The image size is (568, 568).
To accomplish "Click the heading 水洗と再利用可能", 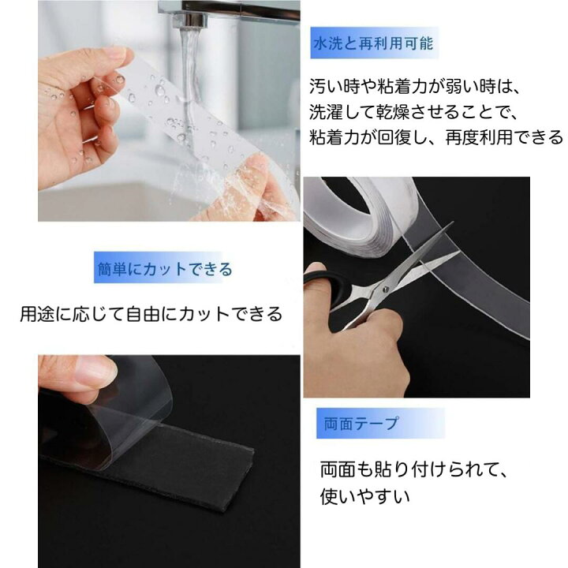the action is point(373,44).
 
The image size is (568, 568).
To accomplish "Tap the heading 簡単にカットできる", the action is point(165,269).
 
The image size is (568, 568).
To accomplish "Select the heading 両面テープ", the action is point(361,423).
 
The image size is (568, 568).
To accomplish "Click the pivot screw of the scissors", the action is point(385,289).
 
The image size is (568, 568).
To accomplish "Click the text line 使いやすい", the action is point(364,496).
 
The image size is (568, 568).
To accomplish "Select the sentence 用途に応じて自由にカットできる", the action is point(151,314).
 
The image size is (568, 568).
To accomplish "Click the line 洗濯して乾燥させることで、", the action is point(414,112).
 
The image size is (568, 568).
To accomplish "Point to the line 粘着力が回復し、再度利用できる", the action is point(436,137).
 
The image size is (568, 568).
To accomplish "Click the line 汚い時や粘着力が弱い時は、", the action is point(415,87).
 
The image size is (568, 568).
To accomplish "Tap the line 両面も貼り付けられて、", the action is point(414,470).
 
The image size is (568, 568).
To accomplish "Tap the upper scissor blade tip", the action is point(452,223).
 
